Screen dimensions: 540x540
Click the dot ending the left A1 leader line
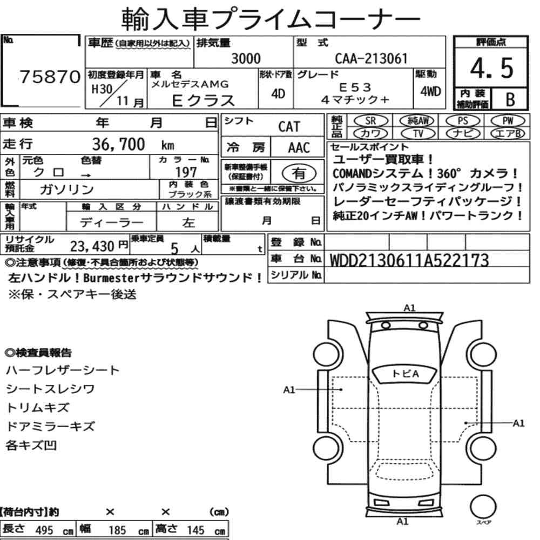(x=341, y=389)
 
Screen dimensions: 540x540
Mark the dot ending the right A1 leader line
(x=465, y=423)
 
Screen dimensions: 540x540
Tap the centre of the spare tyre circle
(x=483, y=507)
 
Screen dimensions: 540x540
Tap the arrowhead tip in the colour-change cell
(x=90, y=175)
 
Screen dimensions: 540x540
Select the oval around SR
(x=370, y=121)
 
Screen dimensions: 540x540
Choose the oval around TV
(x=418, y=133)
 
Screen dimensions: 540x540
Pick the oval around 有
(x=299, y=173)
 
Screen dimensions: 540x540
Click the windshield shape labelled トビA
(x=406, y=374)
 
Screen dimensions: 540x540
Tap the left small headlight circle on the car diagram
(x=386, y=326)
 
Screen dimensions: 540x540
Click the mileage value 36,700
(x=118, y=144)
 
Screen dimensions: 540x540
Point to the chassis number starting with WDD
(x=409, y=260)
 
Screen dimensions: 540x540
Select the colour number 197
(x=186, y=172)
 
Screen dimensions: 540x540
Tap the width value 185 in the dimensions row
(x=117, y=530)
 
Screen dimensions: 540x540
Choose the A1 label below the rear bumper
(x=403, y=522)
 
